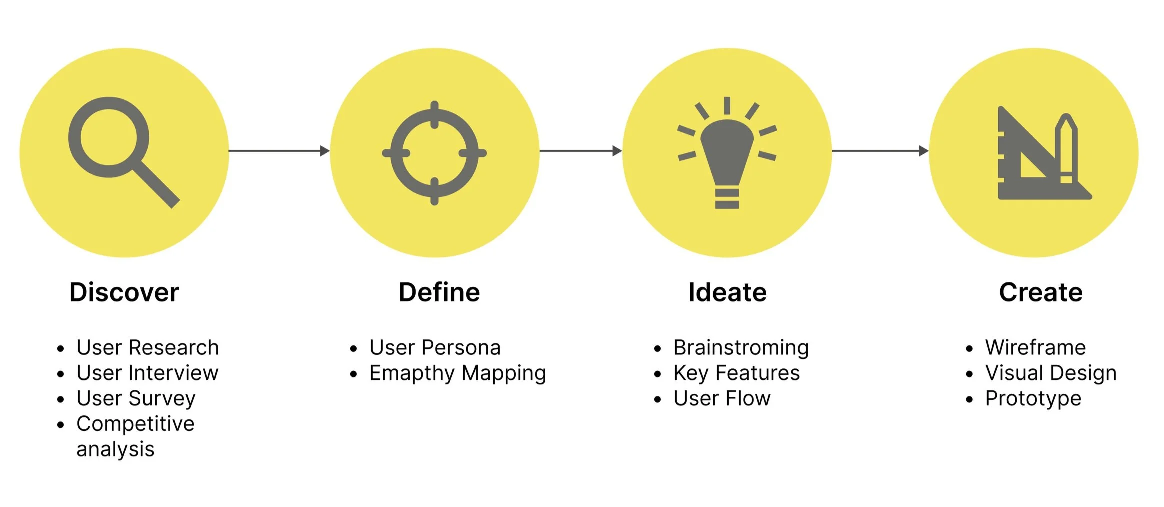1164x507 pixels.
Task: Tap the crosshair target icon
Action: click(x=434, y=153)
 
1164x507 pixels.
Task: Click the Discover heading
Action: click(x=124, y=292)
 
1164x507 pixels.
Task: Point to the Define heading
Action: click(x=439, y=292)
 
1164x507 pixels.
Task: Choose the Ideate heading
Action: click(x=727, y=292)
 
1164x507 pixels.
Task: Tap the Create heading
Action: click(x=1040, y=292)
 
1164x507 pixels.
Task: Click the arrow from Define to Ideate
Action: click(x=580, y=150)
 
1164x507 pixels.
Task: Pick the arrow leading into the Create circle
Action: click(x=880, y=150)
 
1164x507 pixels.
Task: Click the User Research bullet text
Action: click(x=147, y=347)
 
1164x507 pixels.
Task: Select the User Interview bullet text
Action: click(x=147, y=373)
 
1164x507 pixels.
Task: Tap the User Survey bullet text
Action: click(x=136, y=398)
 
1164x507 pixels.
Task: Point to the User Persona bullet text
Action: click(x=435, y=347)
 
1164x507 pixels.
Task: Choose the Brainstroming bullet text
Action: click(x=741, y=347)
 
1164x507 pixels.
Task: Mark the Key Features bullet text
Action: click(x=736, y=373)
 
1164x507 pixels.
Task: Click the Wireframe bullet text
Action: click(x=1035, y=347)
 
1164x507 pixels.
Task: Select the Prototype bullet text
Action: click(x=1033, y=398)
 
